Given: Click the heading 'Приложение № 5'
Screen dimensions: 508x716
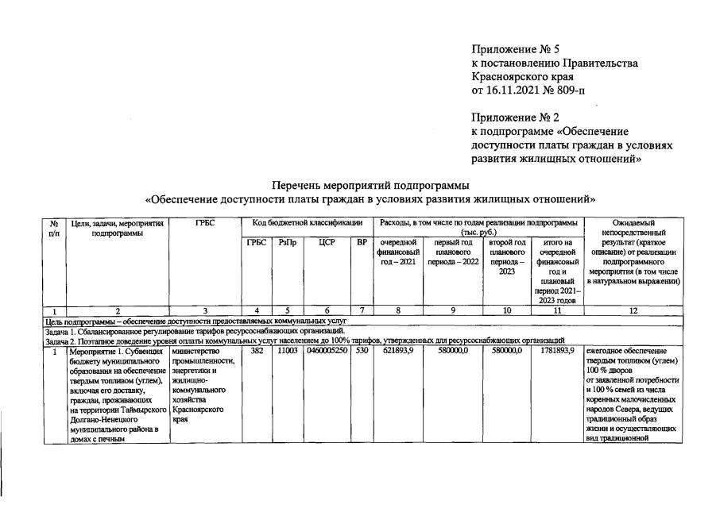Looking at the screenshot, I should tap(515, 49).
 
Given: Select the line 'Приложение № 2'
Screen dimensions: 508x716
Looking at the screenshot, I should tap(515, 117).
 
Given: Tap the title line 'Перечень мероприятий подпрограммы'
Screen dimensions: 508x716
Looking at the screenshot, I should tap(370, 184).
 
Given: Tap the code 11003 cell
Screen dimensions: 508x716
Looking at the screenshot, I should tap(287, 351).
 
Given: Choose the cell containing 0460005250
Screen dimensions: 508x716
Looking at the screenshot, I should tap(327, 351).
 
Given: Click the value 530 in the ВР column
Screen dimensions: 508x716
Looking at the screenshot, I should tap(362, 351).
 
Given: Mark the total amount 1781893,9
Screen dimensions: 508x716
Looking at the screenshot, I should tap(558, 351).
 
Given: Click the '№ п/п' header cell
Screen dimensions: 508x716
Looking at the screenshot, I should tap(54, 229).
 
